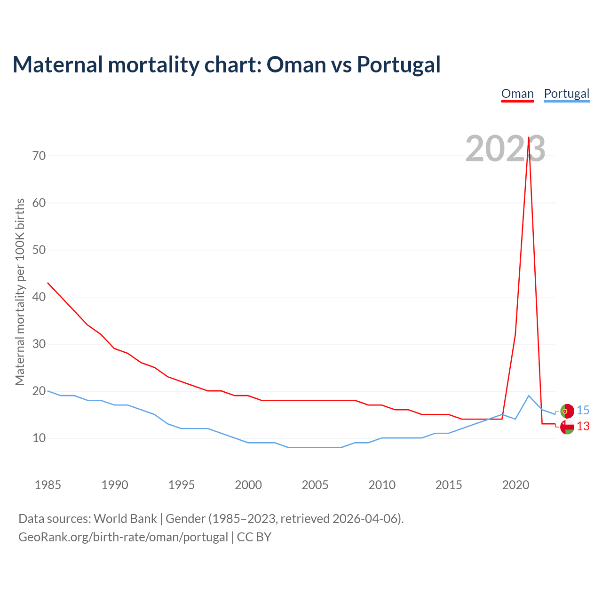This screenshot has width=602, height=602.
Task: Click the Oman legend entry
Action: (x=517, y=94)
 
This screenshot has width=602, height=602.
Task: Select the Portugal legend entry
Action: (x=566, y=94)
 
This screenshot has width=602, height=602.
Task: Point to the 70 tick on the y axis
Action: (x=39, y=156)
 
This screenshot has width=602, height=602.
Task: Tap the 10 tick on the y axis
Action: (x=39, y=438)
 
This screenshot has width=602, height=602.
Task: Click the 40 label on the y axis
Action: (x=39, y=297)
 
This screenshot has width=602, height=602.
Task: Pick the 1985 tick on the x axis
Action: (x=48, y=485)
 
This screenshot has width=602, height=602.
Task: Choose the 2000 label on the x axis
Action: (x=248, y=485)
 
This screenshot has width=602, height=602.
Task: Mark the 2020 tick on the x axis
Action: (x=515, y=485)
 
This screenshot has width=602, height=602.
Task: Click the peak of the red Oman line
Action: (x=529, y=137)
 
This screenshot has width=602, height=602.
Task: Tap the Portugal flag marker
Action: (x=567, y=411)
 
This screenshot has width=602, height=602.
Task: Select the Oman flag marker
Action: (x=567, y=427)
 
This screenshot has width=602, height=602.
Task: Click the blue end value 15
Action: (x=583, y=411)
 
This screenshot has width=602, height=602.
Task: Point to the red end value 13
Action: (x=583, y=427)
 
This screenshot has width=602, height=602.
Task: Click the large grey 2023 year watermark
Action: (x=505, y=149)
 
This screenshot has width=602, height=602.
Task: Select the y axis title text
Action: (x=20, y=292)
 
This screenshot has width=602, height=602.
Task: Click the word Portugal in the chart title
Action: (x=398, y=64)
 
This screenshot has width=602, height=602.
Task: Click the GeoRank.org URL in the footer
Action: (x=123, y=537)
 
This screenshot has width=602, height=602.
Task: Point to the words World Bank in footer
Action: (x=125, y=519)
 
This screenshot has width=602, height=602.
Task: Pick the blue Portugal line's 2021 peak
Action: (x=529, y=396)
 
